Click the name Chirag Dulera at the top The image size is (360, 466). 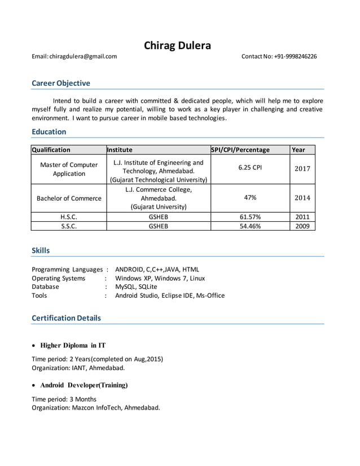tap(177, 46)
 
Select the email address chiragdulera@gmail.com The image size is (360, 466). tap(83, 56)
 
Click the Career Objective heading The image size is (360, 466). tap(61, 83)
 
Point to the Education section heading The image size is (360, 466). tap(49, 131)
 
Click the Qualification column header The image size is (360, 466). tap(51, 150)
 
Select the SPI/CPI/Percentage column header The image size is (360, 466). tap(240, 150)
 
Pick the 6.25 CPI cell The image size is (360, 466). tap(250, 168)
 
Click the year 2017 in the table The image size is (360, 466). tap(302, 168)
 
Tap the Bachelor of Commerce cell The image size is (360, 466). tap(69, 198)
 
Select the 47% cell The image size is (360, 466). tap(250, 197)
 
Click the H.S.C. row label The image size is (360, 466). tap(69, 217)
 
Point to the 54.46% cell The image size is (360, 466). tap(250, 226)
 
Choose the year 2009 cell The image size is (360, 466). tap(302, 226)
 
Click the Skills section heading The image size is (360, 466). tap(41, 250)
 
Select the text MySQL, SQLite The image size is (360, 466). tap(136, 287)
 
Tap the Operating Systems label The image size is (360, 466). tap(59, 278)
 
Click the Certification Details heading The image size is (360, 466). tap(67, 318)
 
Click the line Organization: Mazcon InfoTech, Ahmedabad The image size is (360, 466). tap(96, 407)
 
